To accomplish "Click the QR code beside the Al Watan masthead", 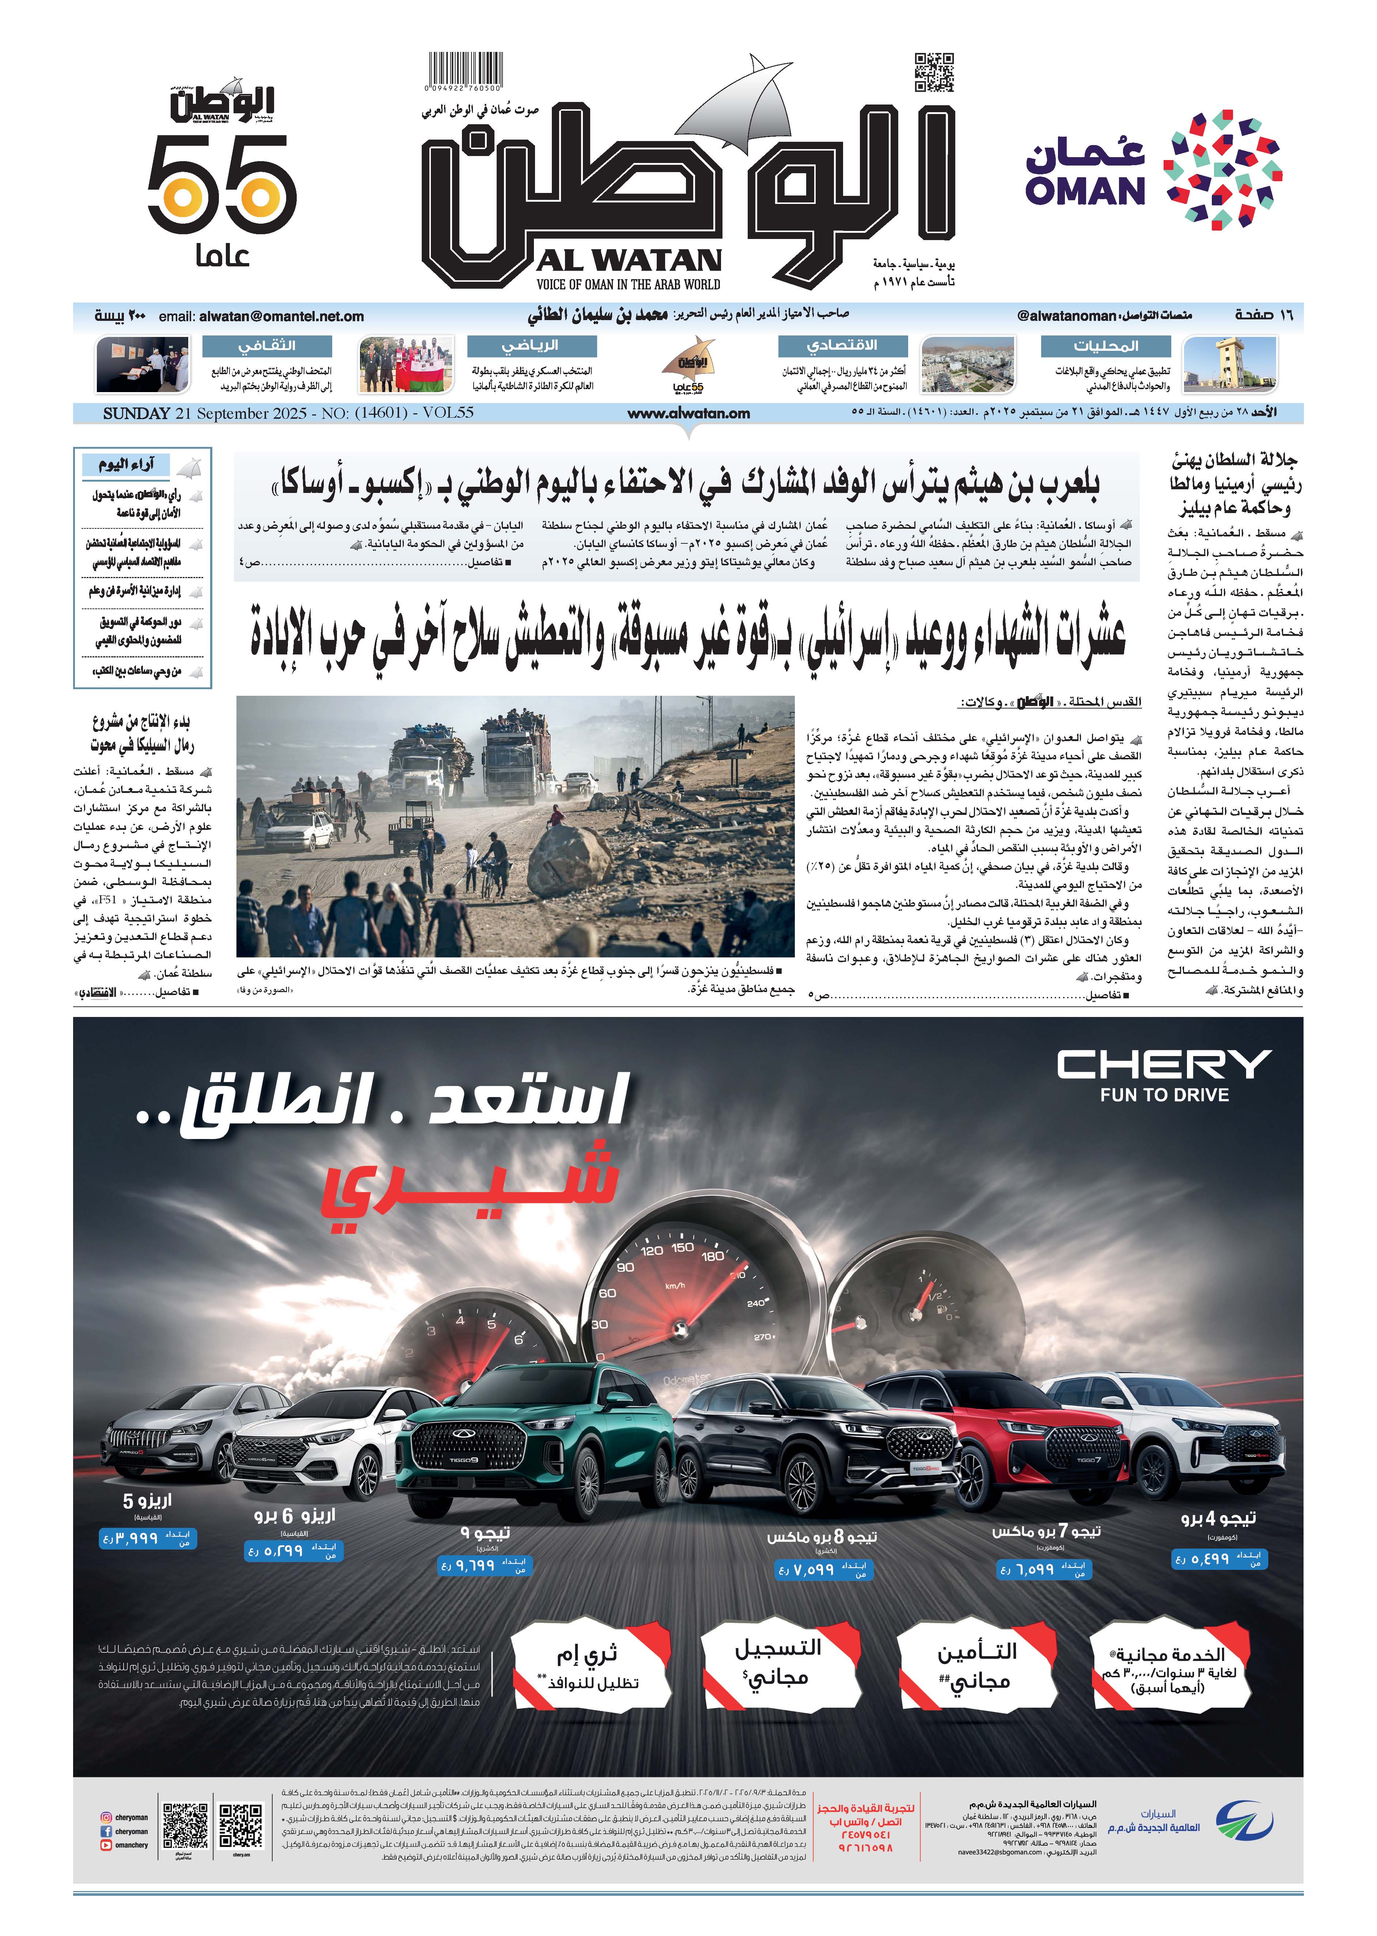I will coord(934,72).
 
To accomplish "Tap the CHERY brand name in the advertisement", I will coord(1163,1064).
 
